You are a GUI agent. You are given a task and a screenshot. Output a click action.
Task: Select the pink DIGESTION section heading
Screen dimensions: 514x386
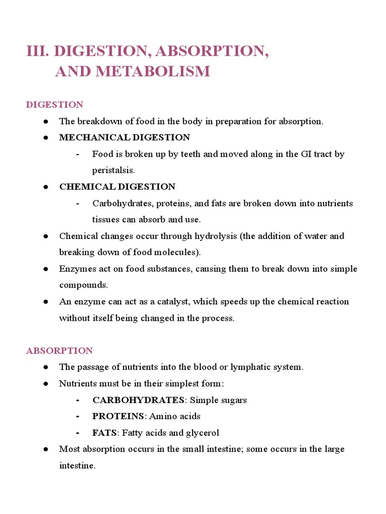point(54,105)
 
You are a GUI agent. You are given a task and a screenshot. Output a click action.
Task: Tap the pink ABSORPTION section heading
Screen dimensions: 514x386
point(59,350)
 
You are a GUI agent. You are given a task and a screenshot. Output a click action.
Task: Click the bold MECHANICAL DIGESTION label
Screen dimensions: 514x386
point(124,137)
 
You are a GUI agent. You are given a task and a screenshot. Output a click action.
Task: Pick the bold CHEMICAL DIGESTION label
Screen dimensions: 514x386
point(117,187)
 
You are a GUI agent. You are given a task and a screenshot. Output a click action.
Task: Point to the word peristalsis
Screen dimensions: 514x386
point(113,170)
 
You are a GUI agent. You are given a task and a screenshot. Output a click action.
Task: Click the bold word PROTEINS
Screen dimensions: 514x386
point(118,416)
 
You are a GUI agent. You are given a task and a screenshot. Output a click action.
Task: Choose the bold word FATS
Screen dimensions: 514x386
point(104,433)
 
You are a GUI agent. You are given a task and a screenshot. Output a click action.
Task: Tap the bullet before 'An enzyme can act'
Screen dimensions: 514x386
point(45,302)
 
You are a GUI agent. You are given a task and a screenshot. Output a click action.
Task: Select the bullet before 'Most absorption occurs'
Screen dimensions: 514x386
point(45,449)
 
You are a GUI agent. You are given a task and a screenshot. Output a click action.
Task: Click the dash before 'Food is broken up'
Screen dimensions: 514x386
point(78,154)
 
